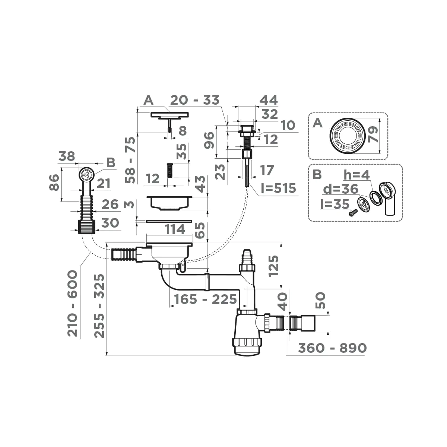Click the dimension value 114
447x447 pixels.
pyautogui.click(x=175, y=229)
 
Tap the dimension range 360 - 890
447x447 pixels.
pyautogui.click(x=332, y=348)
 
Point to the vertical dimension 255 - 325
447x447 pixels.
pyautogui.click(x=99, y=306)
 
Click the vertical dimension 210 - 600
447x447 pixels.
pyautogui.click(x=73, y=303)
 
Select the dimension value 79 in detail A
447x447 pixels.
pyautogui.click(x=372, y=134)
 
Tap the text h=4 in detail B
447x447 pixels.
pyautogui.click(x=356, y=174)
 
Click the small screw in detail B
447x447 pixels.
pyautogui.click(x=353, y=213)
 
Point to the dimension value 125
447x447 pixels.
pyautogui.click(x=273, y=265)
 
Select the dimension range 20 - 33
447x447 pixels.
pyautogui.click(x=194, y=100)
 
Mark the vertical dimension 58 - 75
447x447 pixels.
pyautogui.click(x=131, y=160)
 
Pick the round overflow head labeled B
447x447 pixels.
pyautogui.click(x=86, y=174)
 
